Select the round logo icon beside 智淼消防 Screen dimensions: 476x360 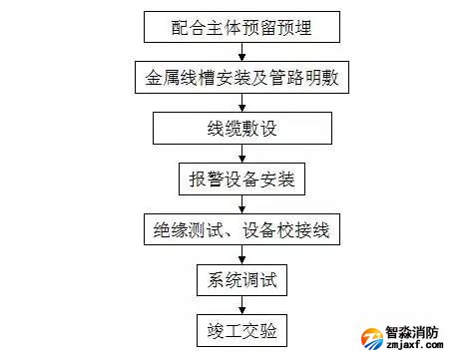click(x=371, y=339)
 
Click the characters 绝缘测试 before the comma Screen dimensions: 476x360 click(x=187, y=231)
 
